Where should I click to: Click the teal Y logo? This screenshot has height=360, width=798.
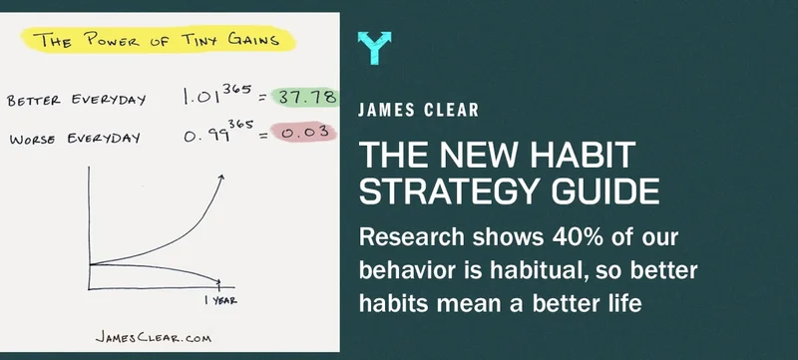coord(375,48)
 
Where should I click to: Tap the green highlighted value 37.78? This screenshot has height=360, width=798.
coord(305,97)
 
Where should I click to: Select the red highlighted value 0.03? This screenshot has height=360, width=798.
coord(304,133)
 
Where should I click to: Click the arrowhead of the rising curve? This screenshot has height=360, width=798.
coord(220,179)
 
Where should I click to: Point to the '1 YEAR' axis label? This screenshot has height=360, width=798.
coord(220,300)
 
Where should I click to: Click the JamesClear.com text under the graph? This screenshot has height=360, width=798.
coord(154,338)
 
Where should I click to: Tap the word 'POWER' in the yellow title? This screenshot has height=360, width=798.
coord(112,40)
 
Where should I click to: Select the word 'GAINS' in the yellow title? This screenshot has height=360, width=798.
coord(253,39)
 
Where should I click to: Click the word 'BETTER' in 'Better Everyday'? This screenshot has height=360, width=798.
coord(34,100)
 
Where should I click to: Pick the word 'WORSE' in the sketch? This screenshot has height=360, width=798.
coord(32,140)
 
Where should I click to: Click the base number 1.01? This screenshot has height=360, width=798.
coord(201,97)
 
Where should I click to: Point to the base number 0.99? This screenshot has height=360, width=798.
coord(204,137)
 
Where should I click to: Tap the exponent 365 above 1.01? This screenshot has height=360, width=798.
coord(236,89)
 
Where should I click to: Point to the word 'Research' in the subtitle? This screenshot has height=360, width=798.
coord(412,237)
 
